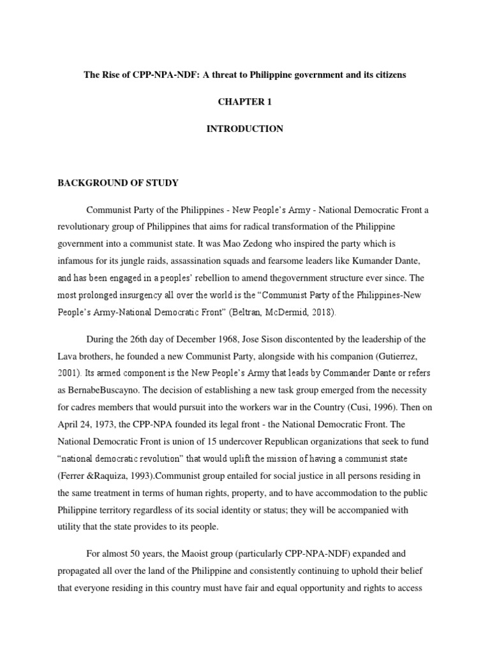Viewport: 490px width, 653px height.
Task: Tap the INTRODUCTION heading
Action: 244,129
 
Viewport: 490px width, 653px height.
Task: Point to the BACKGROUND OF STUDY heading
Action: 118,183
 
